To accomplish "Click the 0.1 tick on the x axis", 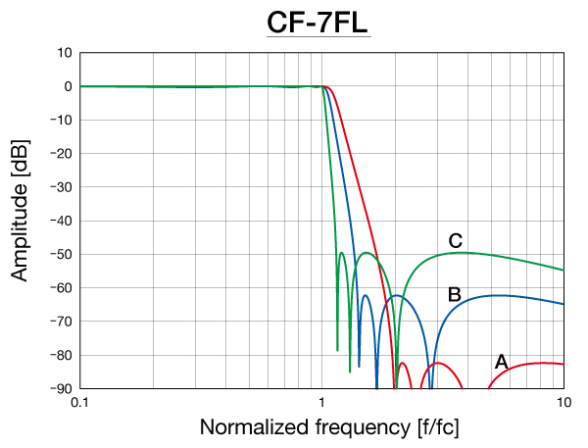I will coord(80,403).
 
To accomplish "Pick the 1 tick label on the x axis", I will coord(322,403).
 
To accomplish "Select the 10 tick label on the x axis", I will coord(563,403).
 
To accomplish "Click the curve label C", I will coord(456,240).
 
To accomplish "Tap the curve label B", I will coord(455,294).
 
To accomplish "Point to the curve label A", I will coord(501,362).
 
